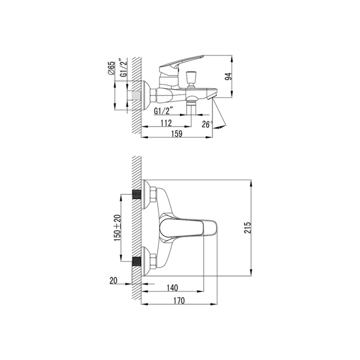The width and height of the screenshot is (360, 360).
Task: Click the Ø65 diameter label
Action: [x=111, y=68]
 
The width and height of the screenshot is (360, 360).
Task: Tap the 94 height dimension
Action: [x=229, y=77]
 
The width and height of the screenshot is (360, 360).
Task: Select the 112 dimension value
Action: [x=166, y=123]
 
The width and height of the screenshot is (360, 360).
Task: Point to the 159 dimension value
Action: [x=177, y=134]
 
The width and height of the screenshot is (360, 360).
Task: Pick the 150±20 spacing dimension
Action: [x=117, y=228]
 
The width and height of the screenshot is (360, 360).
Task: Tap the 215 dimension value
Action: [x=247, y=228]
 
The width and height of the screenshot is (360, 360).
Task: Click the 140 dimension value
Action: [x=172, y=287]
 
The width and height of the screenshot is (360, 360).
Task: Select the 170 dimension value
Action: [x=179, y=301]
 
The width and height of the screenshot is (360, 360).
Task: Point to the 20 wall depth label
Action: [x=113, y=281]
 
